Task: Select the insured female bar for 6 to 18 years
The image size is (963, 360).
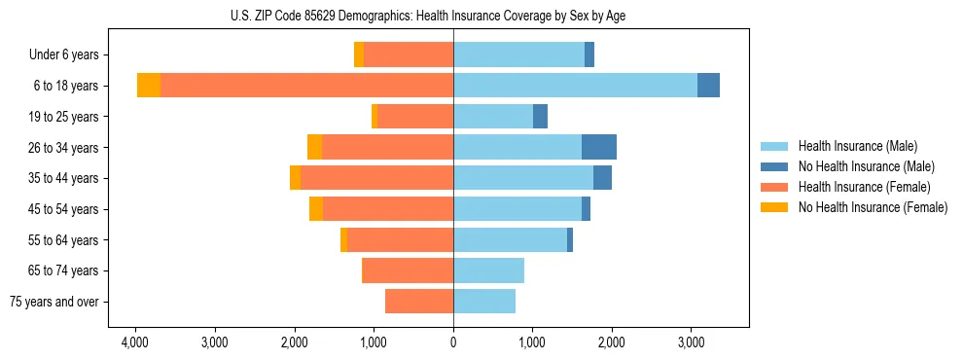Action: (306, 86)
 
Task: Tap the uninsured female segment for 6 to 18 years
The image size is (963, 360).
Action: (149, 86)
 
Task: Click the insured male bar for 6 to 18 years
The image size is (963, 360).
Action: (575, 86)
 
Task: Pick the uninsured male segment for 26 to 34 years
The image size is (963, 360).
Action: (599, 147)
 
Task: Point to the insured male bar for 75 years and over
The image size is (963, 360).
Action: (484, 302)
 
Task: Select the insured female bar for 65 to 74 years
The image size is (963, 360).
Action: (408, 270)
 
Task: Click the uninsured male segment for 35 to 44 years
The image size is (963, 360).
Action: (602, 178)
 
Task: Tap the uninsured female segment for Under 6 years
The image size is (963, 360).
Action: (359, 54)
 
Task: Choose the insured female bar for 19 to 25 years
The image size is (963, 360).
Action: (415, 117)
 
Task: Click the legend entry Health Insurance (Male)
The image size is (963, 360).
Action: (857, 146)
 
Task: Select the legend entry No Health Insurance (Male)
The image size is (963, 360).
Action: (866, 166)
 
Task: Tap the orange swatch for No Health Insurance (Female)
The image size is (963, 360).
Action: (774, 207)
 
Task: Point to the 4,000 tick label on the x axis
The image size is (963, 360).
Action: (134, 343)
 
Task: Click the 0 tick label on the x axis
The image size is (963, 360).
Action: (453, 343)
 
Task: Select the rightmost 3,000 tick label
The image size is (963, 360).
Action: (691, 343)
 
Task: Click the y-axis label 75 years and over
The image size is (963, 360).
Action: (54, 302)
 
